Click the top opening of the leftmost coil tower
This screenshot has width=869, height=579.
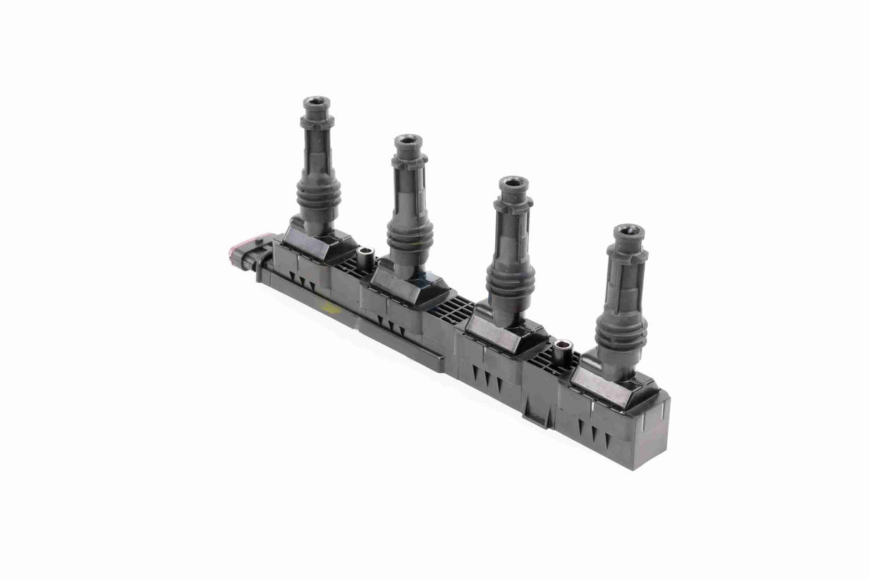[x=316, y=103]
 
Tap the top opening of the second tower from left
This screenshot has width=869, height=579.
[x=408, y=140]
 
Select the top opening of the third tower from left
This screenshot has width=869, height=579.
[x=513, y=182]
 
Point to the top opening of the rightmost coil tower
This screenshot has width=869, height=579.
[x=629, y=230]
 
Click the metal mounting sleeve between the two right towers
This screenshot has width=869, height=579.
[x=563, y=350]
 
